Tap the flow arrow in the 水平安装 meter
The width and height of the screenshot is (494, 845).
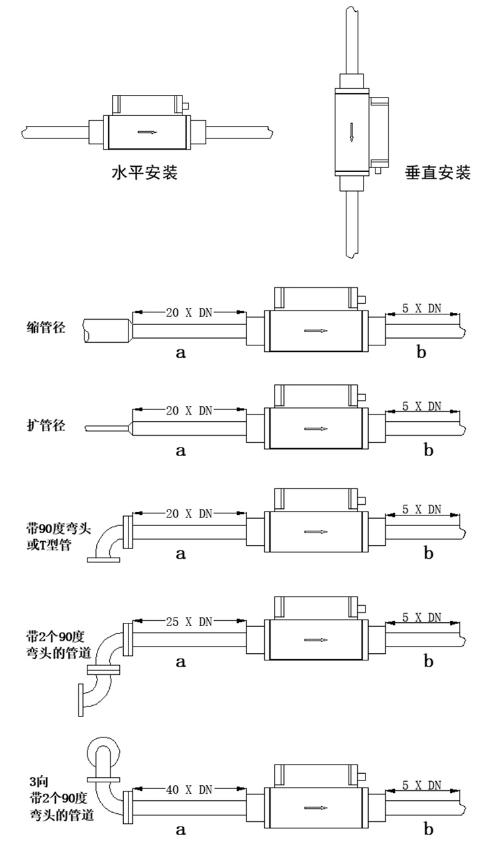pyautogui.click(x=148, y=132)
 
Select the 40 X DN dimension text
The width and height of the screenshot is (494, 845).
pyautogui.click(x=186, y=790)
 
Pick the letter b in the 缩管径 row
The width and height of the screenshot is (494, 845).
pyautogui.click(x=422, y=353)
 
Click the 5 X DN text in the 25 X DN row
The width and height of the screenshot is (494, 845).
pyautogui.click(x=422, y=618)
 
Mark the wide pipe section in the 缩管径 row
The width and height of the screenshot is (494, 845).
pyautogui.click(x=105, y=329)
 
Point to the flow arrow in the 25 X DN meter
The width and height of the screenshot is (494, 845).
pyautogui.click(x=314, y=639)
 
